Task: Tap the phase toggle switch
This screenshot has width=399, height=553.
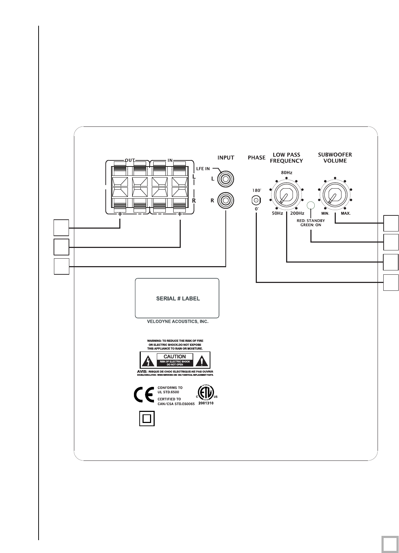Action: pos(256,200)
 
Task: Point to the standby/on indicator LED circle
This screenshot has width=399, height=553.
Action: pos(311,205)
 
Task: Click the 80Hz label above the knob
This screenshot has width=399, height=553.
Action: pos(286,173)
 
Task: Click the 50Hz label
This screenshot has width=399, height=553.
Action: pos(277,213)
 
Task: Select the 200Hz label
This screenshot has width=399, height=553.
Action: pos(297,213)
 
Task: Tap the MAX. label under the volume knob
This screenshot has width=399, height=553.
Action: pos(345,213)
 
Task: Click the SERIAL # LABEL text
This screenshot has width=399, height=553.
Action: pos(178,299)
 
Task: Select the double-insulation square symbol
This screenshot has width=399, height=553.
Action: pos(147,418)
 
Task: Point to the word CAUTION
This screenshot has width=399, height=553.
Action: pos(175,357)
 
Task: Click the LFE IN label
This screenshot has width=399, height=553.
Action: pos(203,169)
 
